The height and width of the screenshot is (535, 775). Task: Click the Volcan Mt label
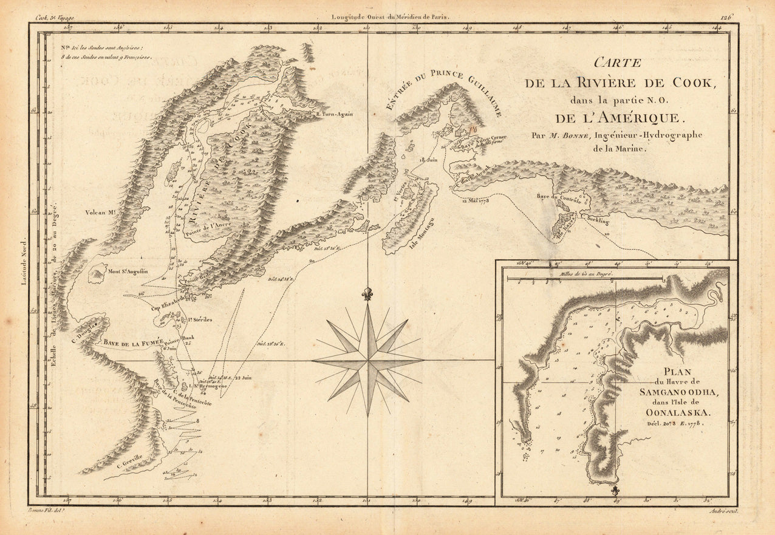(x=101, y=213)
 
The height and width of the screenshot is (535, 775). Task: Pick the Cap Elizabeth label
(x=168, y=299)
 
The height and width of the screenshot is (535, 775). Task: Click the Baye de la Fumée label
(x=134, y=343)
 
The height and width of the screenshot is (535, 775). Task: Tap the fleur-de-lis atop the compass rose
(x=366, y=294)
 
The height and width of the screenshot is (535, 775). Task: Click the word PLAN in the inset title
(x=678, y=372)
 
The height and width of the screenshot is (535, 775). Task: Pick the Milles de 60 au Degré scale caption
(x=583, y=274)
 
